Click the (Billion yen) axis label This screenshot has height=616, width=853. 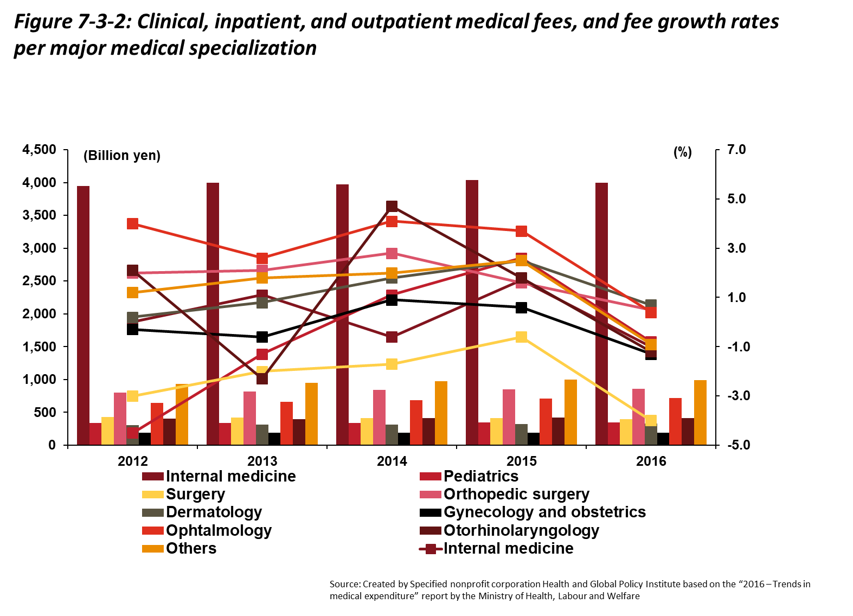[122, 155]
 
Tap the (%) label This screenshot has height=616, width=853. [683, 151]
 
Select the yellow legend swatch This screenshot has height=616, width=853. [153, 495]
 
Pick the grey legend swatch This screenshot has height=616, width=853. [153, 512]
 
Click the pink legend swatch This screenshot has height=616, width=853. [431, 495]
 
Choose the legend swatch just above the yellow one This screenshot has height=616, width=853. [153, 476]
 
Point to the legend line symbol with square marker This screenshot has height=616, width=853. [431, 549]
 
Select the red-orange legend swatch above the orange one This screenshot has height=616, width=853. [153, 530]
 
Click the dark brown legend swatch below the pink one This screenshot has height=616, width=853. [431, 530]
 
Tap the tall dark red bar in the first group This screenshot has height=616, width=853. [83, 315]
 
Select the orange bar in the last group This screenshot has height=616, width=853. [700, 412]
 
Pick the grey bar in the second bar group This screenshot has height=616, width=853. [262, 434]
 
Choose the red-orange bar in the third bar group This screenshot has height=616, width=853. [416, 422]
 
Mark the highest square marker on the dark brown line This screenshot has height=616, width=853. [392, 206]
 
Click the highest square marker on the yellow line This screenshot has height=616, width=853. [521, 337]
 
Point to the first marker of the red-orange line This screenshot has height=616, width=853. [132, 223]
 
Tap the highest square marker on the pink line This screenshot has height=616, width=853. [392, 253]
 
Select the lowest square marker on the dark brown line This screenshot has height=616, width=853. [262, 378]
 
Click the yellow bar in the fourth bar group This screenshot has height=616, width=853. [496, 431]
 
